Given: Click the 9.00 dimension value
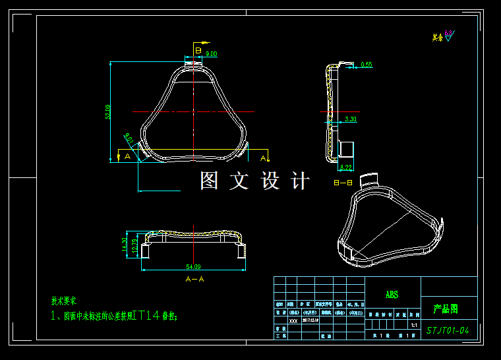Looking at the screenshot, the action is (211, 54).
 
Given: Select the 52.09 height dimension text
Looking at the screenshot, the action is (107, 112).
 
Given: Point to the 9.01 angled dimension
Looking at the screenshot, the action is (129, 140).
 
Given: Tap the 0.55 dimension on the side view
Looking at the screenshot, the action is (367, 65).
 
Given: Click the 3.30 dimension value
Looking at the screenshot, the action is (351, 119).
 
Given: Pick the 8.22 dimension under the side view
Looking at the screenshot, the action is (346, 168).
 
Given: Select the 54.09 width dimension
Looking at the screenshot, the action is (194, 267).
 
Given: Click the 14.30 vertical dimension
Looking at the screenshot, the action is (125, 245).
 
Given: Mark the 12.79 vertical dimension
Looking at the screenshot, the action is (135, 246).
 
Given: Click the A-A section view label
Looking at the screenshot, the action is (195, 279).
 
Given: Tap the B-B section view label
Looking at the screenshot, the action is (343, 182).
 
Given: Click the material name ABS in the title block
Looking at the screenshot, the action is (392, 295).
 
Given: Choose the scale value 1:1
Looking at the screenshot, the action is (414, 325).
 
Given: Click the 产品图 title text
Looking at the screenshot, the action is (446, 309).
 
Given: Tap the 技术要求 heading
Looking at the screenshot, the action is (64, 301).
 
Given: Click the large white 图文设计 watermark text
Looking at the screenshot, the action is (254, 181).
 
